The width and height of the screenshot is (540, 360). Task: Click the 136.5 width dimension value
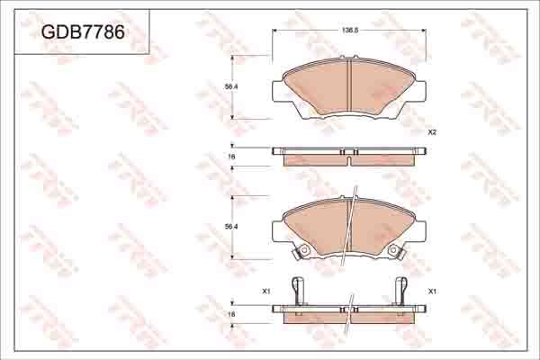[350, 30]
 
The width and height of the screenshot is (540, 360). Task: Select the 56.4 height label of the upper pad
[230, 86]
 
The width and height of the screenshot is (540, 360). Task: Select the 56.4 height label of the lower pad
[230, 226]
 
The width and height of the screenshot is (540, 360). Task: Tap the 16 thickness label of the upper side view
[231, 157]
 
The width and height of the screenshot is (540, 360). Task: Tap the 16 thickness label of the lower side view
[231, 314]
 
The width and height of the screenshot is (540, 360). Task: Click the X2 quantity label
[432, 132]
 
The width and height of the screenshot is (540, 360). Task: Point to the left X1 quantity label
[265, 292]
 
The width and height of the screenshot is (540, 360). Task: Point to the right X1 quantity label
[432, 292]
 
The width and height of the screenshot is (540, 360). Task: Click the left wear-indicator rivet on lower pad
[304, 249]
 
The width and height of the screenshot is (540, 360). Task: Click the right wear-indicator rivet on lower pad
[394, 249]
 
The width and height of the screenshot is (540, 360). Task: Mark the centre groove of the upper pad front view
[349, 85]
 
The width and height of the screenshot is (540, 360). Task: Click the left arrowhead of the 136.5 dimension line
[274, 30]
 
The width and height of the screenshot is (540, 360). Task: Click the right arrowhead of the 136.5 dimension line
[425, 30]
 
